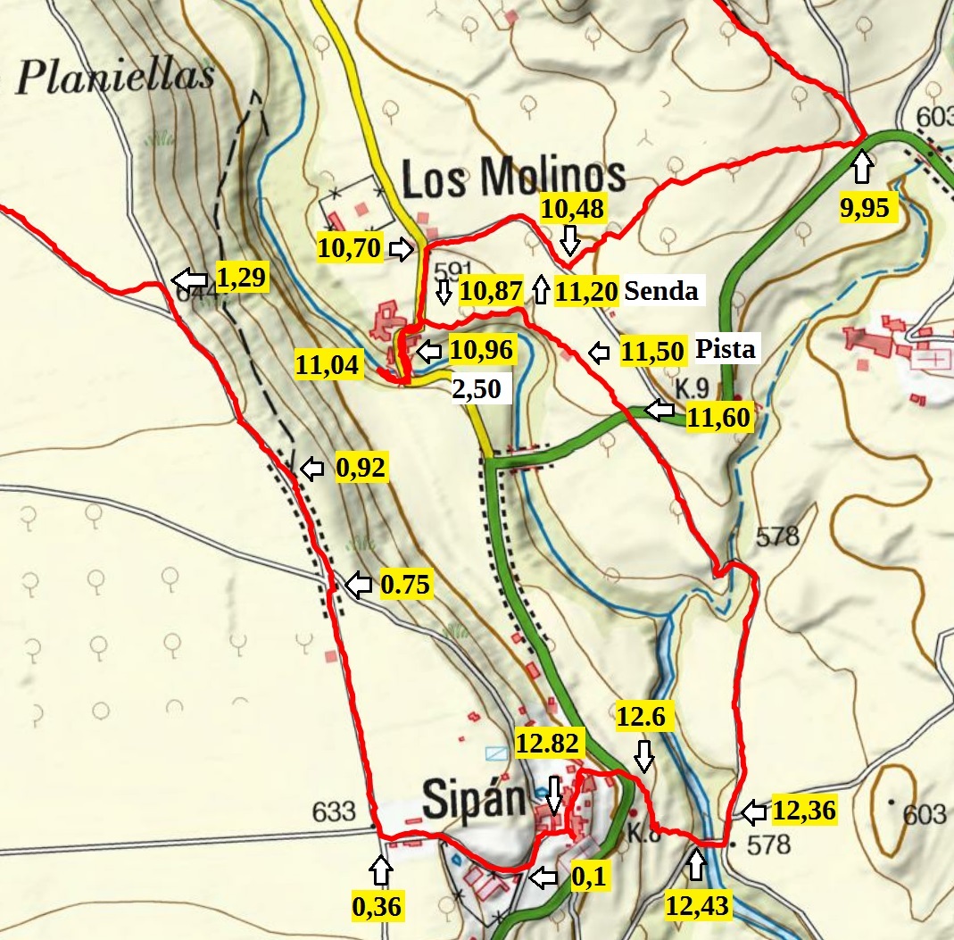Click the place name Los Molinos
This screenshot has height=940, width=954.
coord(513,179)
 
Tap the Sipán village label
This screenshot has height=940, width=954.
coord(472,798)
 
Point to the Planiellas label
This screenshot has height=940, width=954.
coord(114,78)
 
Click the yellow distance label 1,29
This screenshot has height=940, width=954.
coord(241,279)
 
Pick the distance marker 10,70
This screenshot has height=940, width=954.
coord(349,247)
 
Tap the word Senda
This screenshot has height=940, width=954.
coord(660,290)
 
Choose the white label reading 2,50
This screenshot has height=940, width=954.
coord(481,389)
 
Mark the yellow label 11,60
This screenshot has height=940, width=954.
coord(720,417)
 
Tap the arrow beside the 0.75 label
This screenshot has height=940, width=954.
coord(359,586)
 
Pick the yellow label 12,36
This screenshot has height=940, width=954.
coord(803,811)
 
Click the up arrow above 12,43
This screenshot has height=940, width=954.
coord(697,864)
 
